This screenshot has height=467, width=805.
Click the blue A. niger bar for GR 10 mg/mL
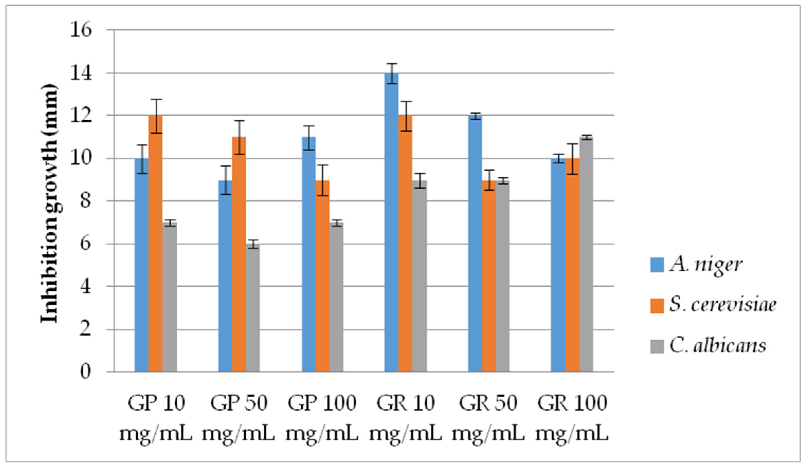click(391, 221)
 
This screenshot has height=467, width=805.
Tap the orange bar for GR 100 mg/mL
click(572, 265)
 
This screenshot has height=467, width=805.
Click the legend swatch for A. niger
click(657, 265)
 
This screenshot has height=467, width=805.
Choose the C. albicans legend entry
click(717, 346)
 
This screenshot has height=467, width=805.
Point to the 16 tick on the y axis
click(81, 30)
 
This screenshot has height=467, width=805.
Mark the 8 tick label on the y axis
click(85, 201)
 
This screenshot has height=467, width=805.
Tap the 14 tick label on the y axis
click(81, 73)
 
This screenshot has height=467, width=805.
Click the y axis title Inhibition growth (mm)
click(50, 203)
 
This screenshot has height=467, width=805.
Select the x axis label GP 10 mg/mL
click(156, 418)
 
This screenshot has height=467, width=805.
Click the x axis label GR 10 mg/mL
click(406, 418)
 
